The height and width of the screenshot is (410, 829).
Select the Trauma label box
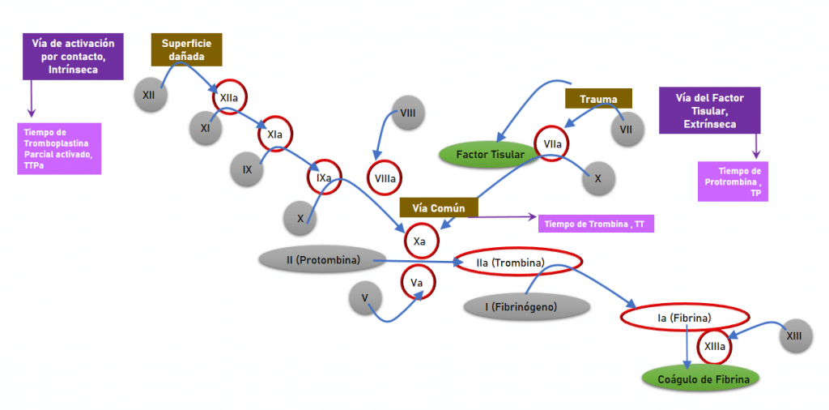click(598, 99)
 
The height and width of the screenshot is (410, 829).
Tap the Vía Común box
click(438, 207)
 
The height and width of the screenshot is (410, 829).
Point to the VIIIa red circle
click(385, 178)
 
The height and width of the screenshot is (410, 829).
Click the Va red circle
click(418, 282)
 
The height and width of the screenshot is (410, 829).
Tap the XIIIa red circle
click(715, 347)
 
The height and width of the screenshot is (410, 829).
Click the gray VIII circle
click(408, 113)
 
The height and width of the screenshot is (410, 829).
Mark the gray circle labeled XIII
click(797, 334)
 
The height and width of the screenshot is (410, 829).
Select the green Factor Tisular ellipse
click(491, 154)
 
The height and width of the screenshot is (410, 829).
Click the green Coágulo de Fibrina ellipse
click(703, 378)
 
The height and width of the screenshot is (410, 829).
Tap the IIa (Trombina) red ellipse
click(518, 262)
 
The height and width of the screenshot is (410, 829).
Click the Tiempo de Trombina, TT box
click(595, 223)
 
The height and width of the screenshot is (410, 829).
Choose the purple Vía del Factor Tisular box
click(709, 110)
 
